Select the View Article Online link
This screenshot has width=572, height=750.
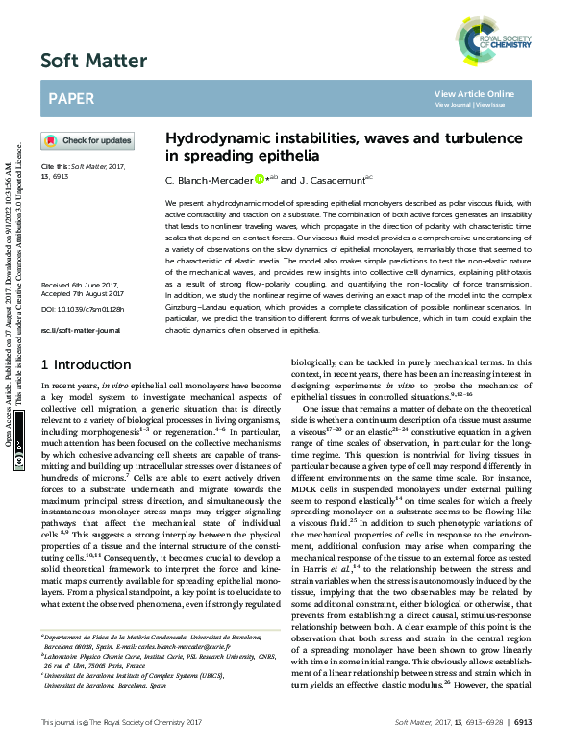point(474,93)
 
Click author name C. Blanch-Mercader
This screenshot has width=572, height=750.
point(209,180)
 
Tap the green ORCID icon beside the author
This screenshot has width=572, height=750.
point(259,179)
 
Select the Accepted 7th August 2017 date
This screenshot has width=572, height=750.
point(82,268)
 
